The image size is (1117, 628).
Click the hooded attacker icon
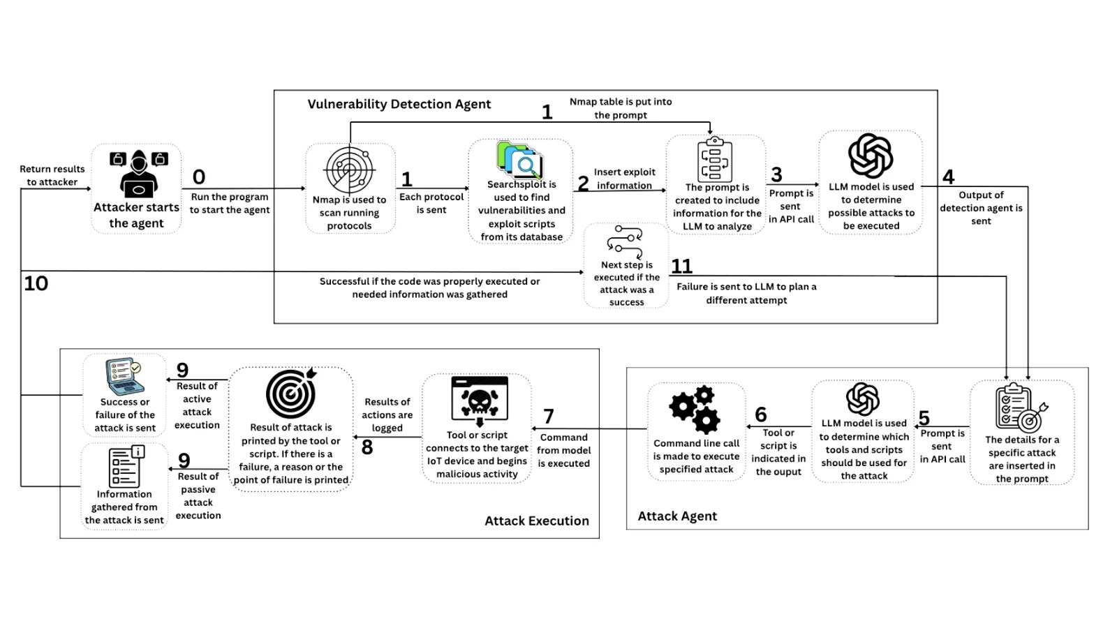click(139, 174)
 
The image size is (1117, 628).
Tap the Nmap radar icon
click(350, 170)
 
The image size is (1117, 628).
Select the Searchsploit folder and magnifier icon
click(519, 160)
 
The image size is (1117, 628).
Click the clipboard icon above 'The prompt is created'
click(715, 160)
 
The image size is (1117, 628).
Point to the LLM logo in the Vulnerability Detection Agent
click(871, 156)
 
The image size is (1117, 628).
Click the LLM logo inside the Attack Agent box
click(862, 398)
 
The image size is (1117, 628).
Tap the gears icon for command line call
click(695, 410)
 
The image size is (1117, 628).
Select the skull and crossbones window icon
click(479, 401)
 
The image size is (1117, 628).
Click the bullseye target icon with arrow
click(291, 394)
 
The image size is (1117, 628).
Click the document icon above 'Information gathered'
click(126, 467)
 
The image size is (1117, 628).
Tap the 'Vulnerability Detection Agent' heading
click(399, 104)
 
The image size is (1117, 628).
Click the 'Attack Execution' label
click(537, 521)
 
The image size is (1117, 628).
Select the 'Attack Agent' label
click(677, 516)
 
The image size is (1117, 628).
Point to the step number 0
click(199, 177)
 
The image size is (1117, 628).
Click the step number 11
click(681, 266)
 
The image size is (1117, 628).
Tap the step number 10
click(36, 283)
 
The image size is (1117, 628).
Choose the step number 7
click(549, 416)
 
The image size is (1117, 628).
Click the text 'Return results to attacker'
click(52, 175)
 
